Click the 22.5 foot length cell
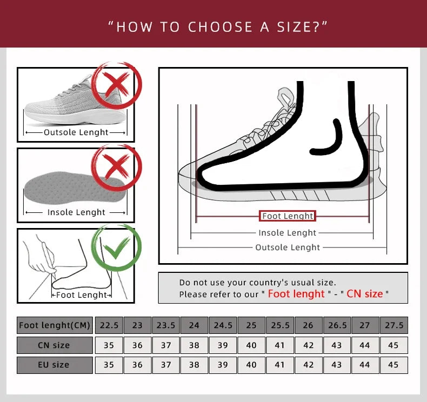coord(109,325)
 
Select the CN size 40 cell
coord(251,345)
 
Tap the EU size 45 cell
coord(393,365)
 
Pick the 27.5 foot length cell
coord(393,325)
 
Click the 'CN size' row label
coord(54,345)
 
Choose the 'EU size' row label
coord(54,365)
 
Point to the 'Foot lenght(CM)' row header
coord(54,325)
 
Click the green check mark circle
coord(116,249)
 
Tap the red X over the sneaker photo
coord(116,85)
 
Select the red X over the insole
coord(116,165)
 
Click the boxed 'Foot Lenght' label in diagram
coord(288,216)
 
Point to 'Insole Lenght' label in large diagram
coord(288,233)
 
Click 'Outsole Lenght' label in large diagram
coord(288,247)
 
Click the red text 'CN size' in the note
coord(365,294)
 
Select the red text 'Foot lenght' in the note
coord(296,294)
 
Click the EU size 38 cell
coord(194,365)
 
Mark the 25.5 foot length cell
coord(279,325)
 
